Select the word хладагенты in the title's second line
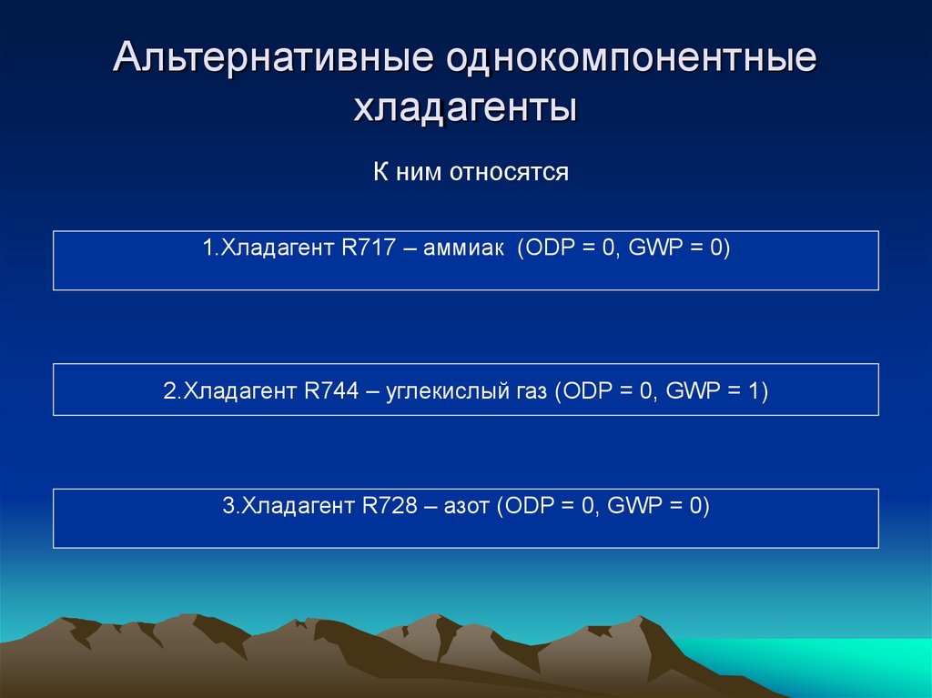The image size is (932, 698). pyautogui.click(x=465, y=109)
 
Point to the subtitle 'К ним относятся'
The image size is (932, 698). pyautogui.click(x=471, y=172)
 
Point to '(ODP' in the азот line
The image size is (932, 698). pyautogui.click(x=520, y=506)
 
